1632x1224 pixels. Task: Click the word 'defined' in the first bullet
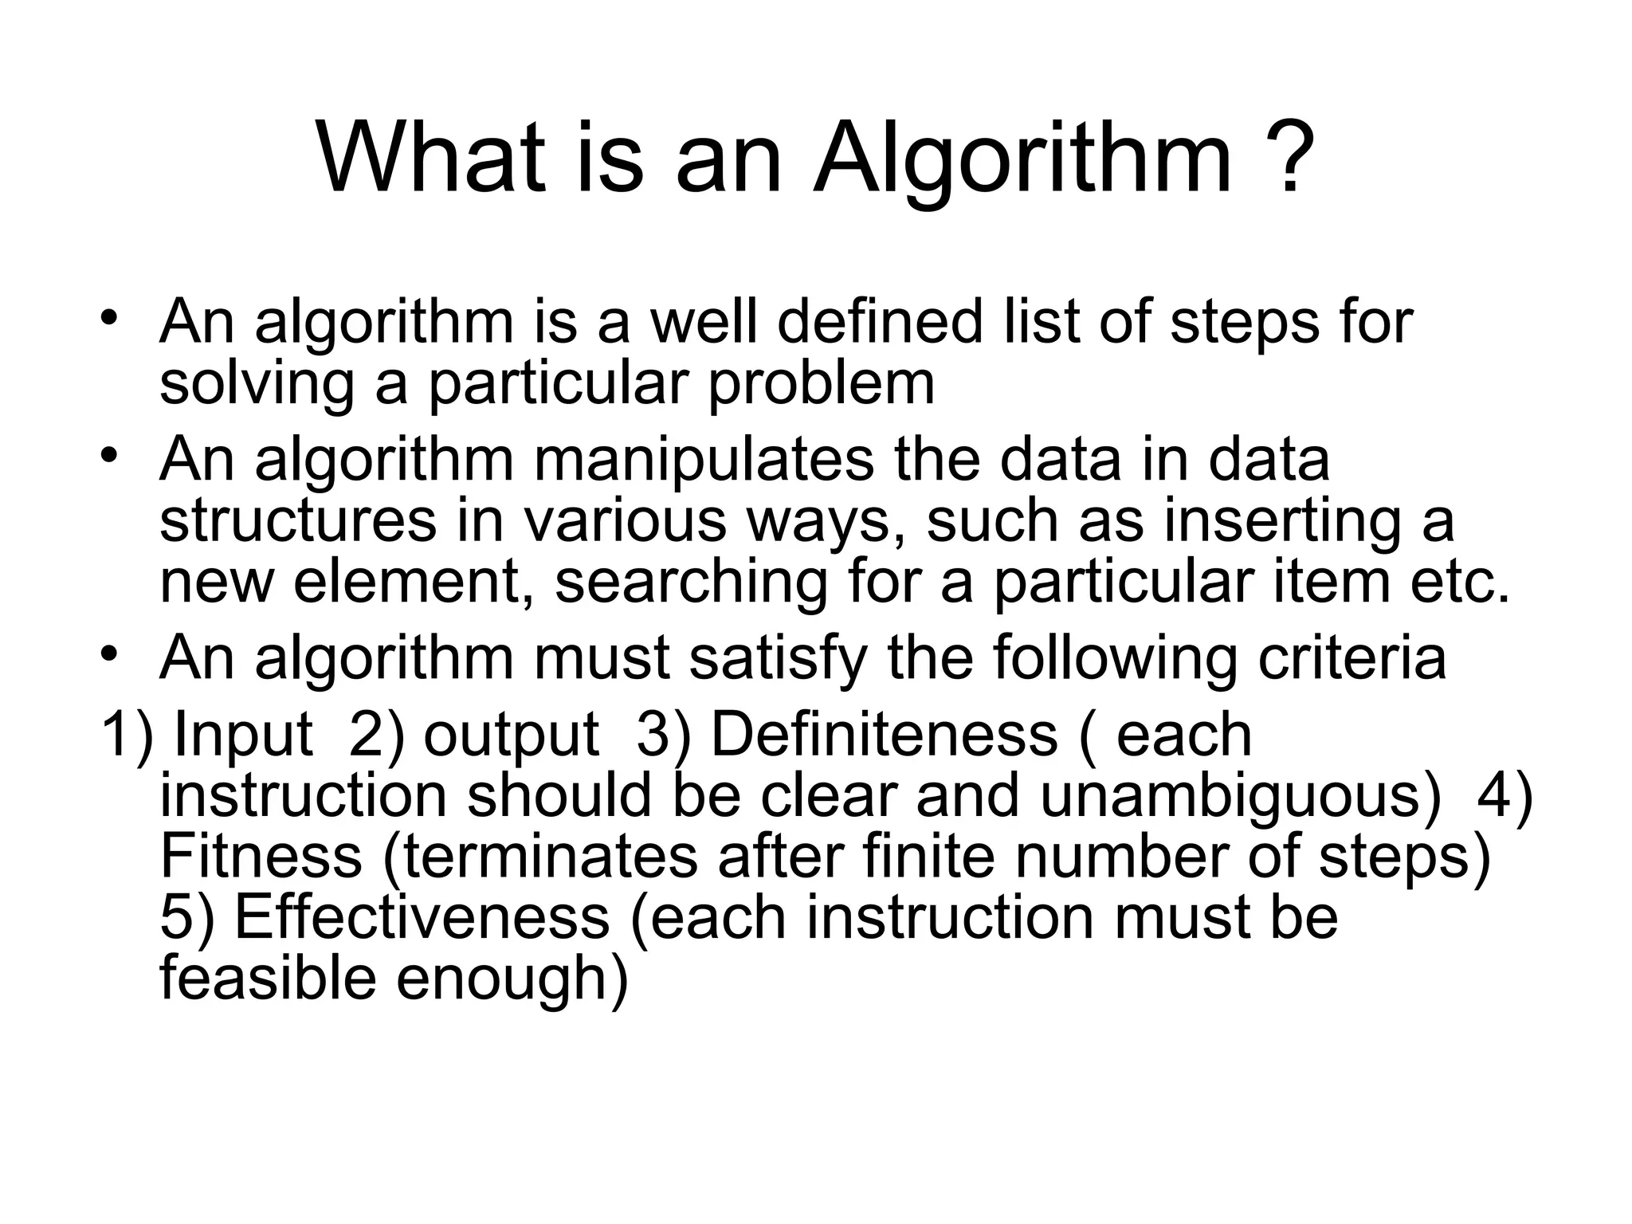coord(880,322)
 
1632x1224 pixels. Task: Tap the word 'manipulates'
coord(704,461)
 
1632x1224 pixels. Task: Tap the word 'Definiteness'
coord(884,735)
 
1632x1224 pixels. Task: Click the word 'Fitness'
coord(261,856)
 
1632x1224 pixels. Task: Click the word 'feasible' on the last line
coord(268,979)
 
